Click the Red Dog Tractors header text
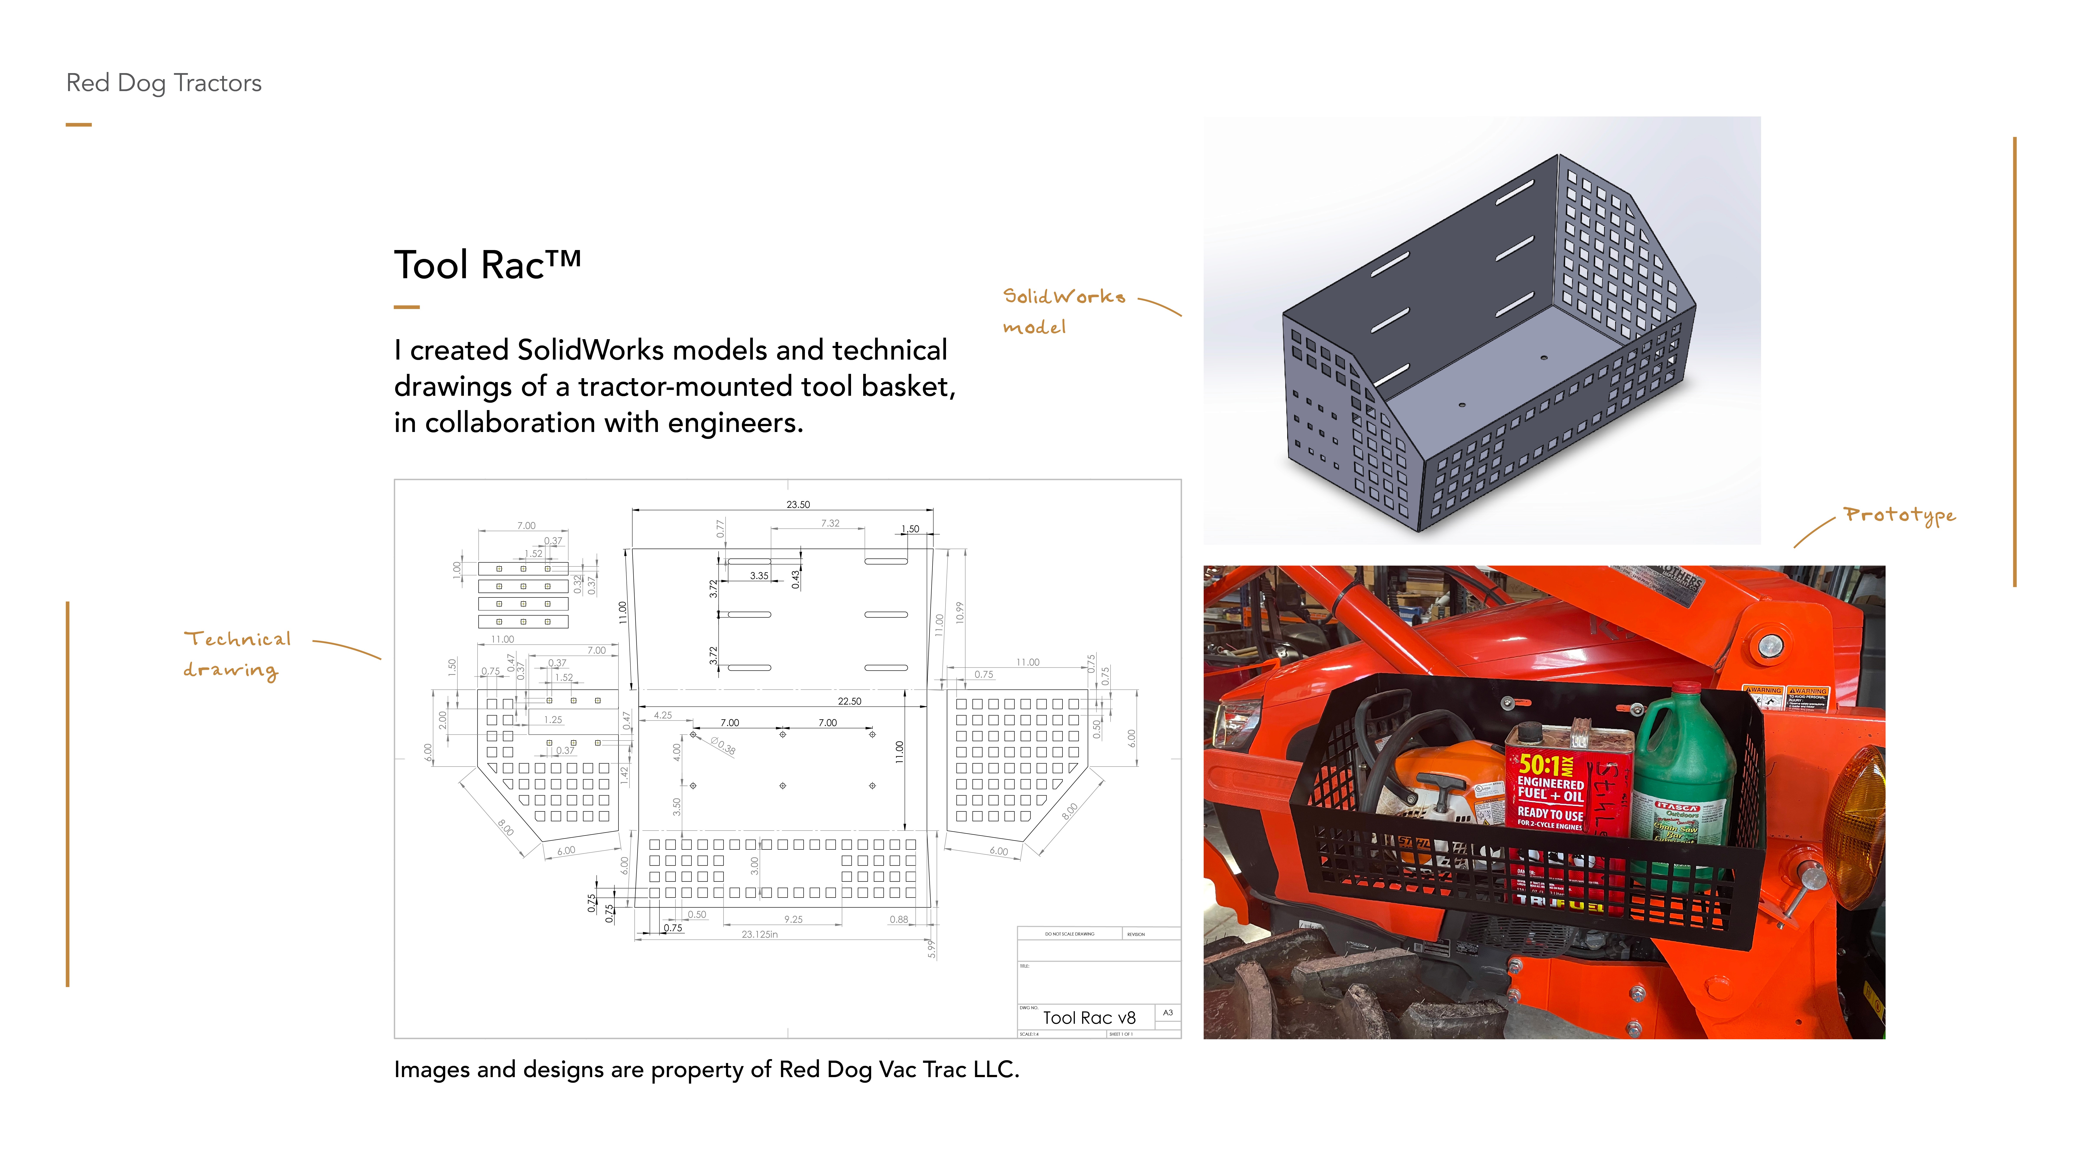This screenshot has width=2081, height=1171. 164,83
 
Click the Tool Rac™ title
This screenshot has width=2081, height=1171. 487,265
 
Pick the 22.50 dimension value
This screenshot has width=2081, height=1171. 849,702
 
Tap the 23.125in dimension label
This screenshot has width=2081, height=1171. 759,934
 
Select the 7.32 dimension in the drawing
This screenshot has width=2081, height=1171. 830,524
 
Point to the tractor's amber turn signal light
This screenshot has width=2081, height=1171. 1858,824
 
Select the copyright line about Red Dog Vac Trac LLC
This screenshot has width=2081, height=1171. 706,1070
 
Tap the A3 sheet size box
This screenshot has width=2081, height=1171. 1167,1013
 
